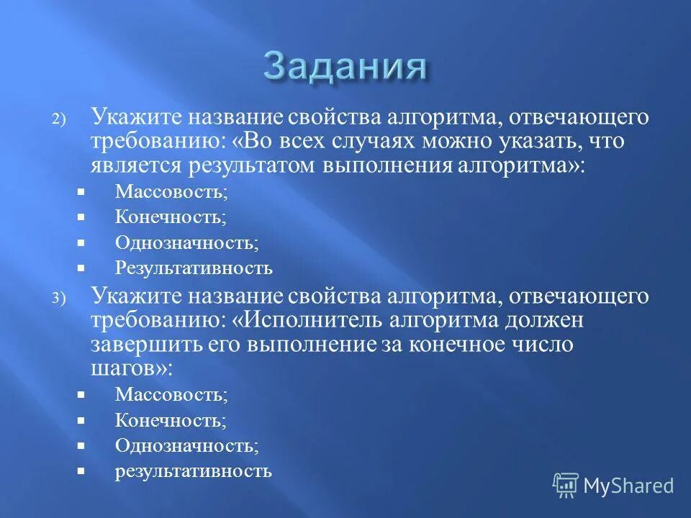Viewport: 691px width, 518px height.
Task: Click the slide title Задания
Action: (345, 68)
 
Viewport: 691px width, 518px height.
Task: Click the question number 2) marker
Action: (58, 121)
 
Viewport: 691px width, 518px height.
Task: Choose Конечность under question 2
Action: (170, 217)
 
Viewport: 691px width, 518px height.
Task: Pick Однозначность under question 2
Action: (186, 242)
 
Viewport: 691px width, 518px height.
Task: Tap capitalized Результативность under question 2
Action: (194, 268)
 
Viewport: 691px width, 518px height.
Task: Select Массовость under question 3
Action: (171, 394)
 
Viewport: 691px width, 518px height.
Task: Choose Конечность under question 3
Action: (170, 419)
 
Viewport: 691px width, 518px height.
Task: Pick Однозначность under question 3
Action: (186, 445)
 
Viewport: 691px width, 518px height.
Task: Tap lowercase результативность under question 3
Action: (193, 471)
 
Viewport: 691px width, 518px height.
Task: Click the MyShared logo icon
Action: (565, 485)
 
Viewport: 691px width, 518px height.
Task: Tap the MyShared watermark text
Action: (628, 486)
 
